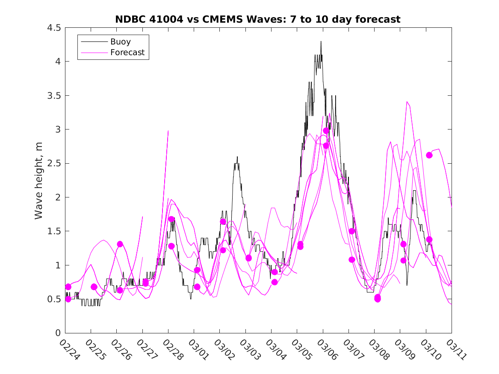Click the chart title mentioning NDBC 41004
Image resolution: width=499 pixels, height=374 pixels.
258,19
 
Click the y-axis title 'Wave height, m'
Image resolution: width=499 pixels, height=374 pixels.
39,181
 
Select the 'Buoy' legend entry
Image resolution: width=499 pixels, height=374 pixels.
121,42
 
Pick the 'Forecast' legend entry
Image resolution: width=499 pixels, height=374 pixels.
127,53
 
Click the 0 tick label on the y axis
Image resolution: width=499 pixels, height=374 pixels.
58,333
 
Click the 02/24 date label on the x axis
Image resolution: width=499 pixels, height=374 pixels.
67,349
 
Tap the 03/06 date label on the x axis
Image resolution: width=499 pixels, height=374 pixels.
324,349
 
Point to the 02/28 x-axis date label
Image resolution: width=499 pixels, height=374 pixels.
170,349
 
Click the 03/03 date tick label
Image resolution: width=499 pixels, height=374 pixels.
247,349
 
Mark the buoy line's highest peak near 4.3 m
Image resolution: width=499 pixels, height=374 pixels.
321,41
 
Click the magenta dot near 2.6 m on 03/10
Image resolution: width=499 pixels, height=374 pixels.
429,155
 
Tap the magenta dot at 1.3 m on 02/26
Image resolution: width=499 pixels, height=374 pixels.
120,244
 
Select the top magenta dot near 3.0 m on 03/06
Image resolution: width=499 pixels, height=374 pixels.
326,130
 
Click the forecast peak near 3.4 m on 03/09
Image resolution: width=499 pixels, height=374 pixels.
407,102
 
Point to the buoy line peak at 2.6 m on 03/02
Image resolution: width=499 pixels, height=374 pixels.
237,157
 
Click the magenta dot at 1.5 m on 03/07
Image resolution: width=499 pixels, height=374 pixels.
352,231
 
